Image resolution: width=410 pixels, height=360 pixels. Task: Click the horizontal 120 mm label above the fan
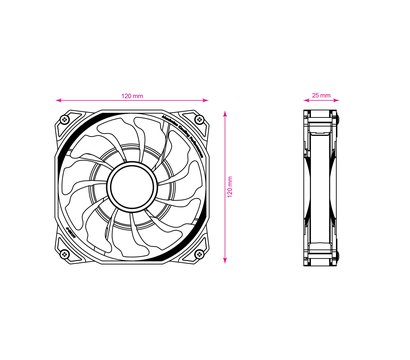tap(132, 96)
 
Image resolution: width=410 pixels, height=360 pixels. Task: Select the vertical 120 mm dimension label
tap(230, 187)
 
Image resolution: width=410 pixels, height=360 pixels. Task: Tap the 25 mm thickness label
tap(321, 95)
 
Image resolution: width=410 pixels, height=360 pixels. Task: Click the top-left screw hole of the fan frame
tap(65, 120)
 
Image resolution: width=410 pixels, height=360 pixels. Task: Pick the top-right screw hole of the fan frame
tap(199, 120)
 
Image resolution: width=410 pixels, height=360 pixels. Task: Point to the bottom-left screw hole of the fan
tap(65, 254)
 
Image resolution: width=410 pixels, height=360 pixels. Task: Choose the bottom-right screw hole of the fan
tap(199, 254)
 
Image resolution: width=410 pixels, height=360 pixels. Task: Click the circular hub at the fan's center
tap(132, 187)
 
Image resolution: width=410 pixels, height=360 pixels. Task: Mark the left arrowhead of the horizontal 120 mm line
tap(59, 100)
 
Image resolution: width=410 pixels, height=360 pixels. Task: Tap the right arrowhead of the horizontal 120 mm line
tap(205, 100)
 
